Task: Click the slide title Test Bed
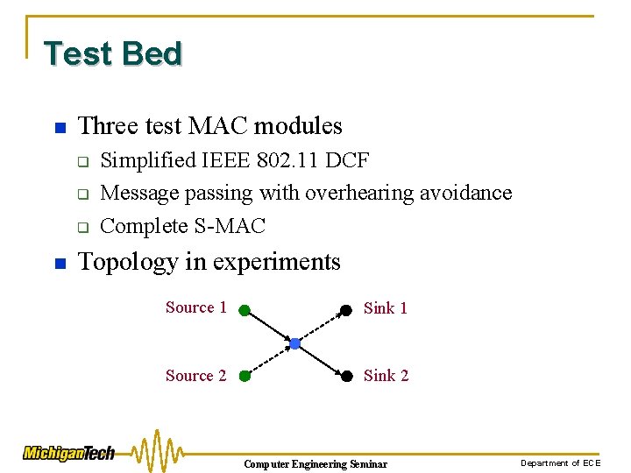coord(113,53)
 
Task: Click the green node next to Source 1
coord(245,309)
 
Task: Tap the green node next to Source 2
coord(245,377)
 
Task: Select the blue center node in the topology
coord(295,343)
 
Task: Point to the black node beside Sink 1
coord(346,309)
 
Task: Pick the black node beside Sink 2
coord(346,377)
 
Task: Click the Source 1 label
coord(195,307)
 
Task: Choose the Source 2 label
coord(195,376)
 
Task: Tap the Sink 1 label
coord(386,308)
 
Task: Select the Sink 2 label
coord(386,376)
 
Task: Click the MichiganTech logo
coord(68,453)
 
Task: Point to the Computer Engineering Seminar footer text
coord(315,463)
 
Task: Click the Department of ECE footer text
coord(561,462)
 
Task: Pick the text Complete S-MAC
coord(182,226)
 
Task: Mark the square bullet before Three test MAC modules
coord(59,128)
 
